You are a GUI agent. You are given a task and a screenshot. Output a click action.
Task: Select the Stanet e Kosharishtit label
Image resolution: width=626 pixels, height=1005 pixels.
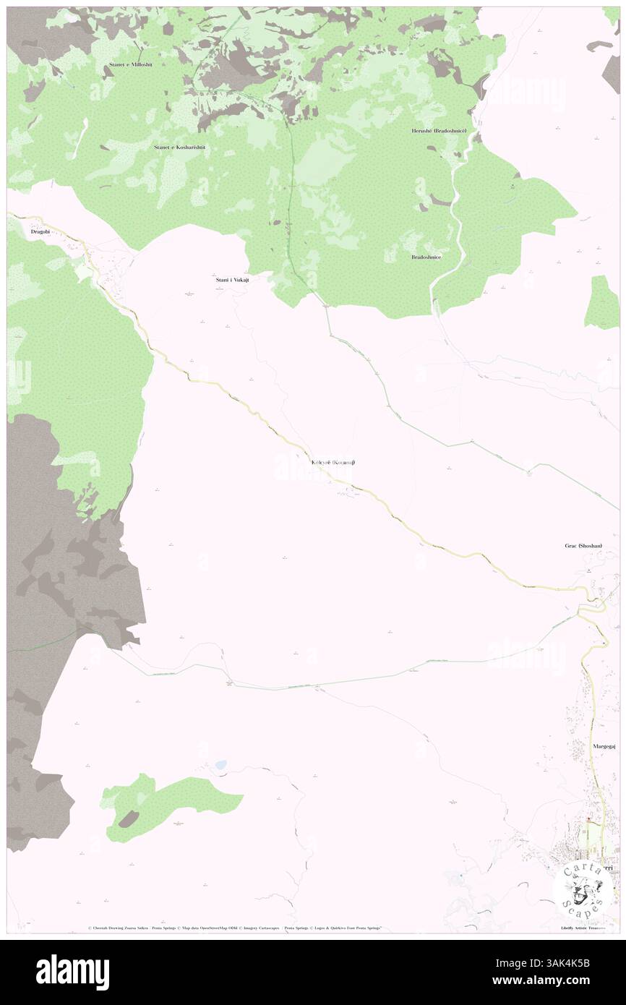(x=180, y=147)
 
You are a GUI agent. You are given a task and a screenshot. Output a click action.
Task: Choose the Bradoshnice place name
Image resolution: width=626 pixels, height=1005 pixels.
(x=426, y=257)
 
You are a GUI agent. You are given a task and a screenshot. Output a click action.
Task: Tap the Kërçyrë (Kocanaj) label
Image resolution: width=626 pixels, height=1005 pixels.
(x=333, y=462)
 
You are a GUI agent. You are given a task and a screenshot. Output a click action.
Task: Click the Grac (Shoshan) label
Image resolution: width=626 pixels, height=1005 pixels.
(x=583, y=546)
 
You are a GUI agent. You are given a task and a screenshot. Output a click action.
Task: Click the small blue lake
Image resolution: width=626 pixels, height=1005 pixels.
(x=220, y=764)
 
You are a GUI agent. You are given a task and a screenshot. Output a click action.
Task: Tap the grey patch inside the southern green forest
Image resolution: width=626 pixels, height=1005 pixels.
(x=129, y=818)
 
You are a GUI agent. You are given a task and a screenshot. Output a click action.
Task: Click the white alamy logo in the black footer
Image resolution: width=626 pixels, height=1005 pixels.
(x=72, y=969)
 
